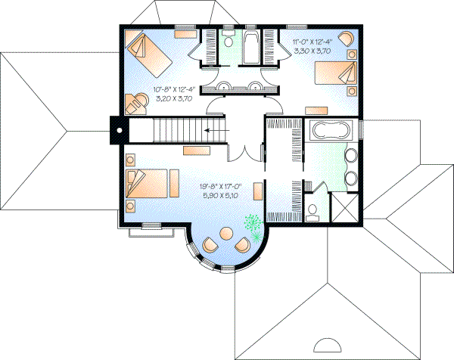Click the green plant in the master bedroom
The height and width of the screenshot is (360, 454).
click(253, 222)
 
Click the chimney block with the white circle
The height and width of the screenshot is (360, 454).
click(118, 129)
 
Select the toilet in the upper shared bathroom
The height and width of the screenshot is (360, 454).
click(228, 42)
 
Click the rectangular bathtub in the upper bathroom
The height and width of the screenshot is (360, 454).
click(251, 46)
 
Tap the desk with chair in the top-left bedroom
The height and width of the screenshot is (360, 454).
click(136, 101)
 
